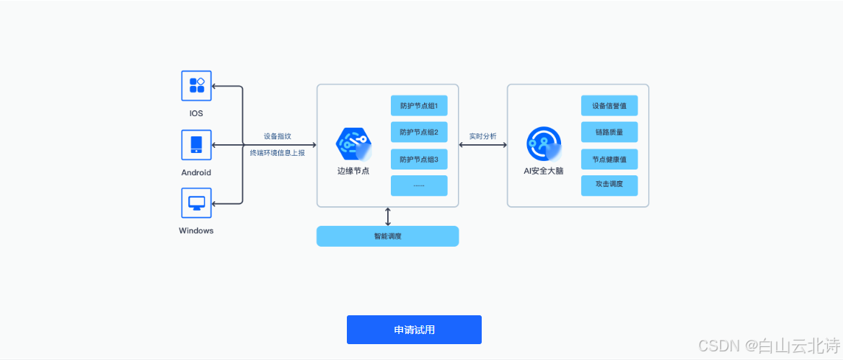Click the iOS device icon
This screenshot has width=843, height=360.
click(x=195, y=86)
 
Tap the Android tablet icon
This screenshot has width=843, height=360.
click(x=195, y=144)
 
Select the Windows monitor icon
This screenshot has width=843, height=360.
click(x=195, y=203)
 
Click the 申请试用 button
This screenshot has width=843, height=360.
click(x=414, y=330)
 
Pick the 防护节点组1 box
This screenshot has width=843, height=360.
click(x=419, y=105)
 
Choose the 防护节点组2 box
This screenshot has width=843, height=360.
click(x=419, y=132)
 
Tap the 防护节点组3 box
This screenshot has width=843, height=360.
click(x=419, y=159)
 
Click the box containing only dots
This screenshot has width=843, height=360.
click(x=419, y=185)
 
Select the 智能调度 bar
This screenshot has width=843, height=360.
click(x=387, y=236)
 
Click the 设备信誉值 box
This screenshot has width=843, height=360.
click(x=609, y=105)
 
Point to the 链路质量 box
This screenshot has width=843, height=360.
click(x=609, y=132)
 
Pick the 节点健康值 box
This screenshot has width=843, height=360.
click(x=609, y=159)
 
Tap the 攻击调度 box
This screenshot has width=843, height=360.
click(x=609, y=185)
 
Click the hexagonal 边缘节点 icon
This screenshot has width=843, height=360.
click(x=353, y=144)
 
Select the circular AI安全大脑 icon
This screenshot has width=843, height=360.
click(x=543, y=144)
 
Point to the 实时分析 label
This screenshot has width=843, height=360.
click(x=482, y=136)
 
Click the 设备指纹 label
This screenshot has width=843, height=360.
click(x=278, y=136)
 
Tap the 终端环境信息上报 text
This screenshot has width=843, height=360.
click(x=278, y=153)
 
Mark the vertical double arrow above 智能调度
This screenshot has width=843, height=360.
click(x=388, y=216)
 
